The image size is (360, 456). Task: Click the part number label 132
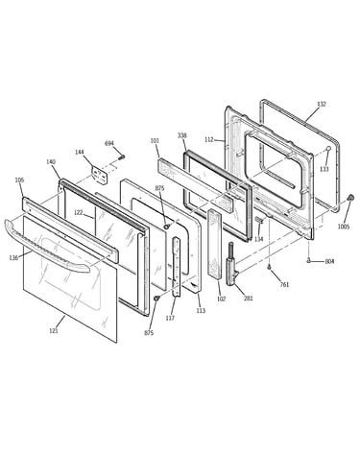point(322,104)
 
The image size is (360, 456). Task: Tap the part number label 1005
point(344,227)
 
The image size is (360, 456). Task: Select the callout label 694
point(109,143)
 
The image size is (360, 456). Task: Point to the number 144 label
point(80,152)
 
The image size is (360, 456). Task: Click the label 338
point(182,135)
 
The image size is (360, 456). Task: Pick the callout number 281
point(249,299)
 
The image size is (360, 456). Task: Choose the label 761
point(284,284)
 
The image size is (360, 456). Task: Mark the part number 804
point(329,261)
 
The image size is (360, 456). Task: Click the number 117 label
point(170,318)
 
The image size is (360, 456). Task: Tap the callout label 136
point(13,258)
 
